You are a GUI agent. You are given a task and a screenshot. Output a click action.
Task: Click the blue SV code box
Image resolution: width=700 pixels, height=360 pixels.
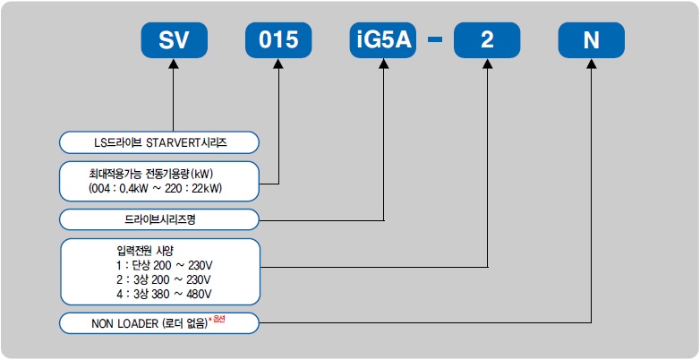175,40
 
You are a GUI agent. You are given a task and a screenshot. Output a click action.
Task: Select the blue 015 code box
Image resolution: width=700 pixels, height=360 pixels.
278,40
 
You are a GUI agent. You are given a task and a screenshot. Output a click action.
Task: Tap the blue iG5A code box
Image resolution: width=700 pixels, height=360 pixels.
383,40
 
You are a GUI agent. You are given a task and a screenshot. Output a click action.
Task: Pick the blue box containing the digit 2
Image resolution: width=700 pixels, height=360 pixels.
487,40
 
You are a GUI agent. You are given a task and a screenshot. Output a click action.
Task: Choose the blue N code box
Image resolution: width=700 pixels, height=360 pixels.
592,40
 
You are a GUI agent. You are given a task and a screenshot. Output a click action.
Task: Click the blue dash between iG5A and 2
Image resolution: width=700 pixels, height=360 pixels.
435,39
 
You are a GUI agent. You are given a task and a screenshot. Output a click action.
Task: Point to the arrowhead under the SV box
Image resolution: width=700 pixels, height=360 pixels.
174,64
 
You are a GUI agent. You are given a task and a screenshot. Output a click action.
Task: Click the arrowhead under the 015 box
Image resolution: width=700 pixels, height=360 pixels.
278,64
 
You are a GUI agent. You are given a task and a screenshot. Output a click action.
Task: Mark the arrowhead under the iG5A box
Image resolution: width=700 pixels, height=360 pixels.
383,64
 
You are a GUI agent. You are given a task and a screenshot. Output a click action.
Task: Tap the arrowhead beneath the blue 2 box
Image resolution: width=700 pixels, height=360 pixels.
488,64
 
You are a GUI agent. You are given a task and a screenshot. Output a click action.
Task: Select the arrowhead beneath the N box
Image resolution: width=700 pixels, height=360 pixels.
592,64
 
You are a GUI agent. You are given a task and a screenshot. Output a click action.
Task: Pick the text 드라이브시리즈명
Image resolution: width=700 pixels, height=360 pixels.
160,219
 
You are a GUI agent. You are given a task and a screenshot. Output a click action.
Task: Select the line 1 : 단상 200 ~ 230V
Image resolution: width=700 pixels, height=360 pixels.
165,265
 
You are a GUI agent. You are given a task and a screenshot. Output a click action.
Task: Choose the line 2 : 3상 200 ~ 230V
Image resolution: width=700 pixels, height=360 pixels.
164,280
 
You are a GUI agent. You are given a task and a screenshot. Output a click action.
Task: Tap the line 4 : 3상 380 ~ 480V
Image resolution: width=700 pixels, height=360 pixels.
164,295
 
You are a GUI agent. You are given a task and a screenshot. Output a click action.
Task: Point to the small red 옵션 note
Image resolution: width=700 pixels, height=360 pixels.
218,321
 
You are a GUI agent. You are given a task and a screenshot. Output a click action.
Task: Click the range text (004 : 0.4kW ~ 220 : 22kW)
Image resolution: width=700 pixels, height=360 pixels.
155,189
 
